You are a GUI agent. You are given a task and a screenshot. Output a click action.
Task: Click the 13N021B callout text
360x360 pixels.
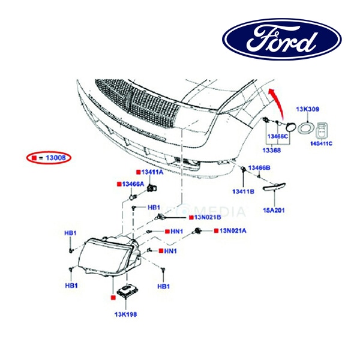(208, 217)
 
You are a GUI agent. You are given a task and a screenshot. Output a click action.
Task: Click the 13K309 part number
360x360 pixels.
(307, 110)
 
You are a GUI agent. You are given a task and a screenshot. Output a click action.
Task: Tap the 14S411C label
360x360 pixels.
(321, 145)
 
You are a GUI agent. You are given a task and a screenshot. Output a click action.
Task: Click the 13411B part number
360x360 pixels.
(244, 191)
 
